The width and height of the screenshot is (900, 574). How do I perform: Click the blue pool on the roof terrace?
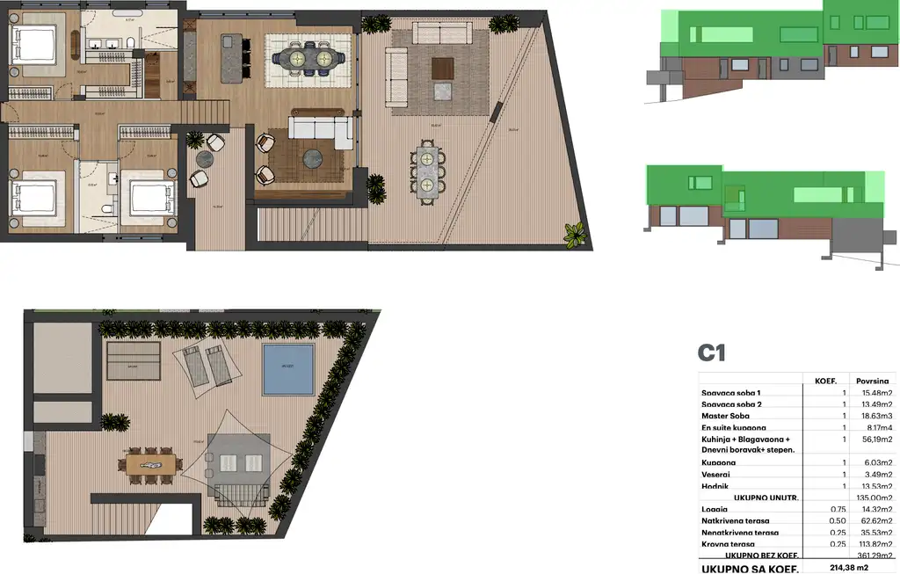click(288, 369)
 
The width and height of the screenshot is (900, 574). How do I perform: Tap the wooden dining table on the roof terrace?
click(154, 462)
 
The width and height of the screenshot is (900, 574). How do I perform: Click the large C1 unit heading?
click(711, 353)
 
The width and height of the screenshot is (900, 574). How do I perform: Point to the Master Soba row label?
click(725, 416)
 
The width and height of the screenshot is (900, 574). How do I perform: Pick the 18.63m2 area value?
click(875, 416)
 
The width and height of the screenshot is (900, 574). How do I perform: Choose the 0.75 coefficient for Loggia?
click(839, 509)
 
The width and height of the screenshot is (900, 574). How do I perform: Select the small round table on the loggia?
click(205, 159)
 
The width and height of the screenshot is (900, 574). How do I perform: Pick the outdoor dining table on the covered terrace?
click(427, 174)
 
